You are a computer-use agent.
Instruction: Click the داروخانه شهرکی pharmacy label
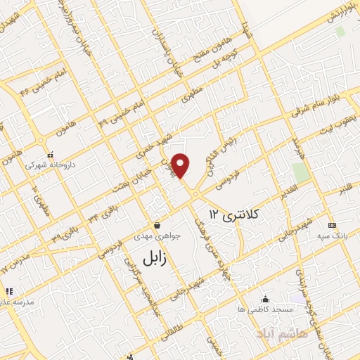tap(49, 165)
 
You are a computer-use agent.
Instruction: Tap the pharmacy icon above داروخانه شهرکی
tap(49, 155)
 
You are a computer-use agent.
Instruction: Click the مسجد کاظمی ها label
tap(264, 309)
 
